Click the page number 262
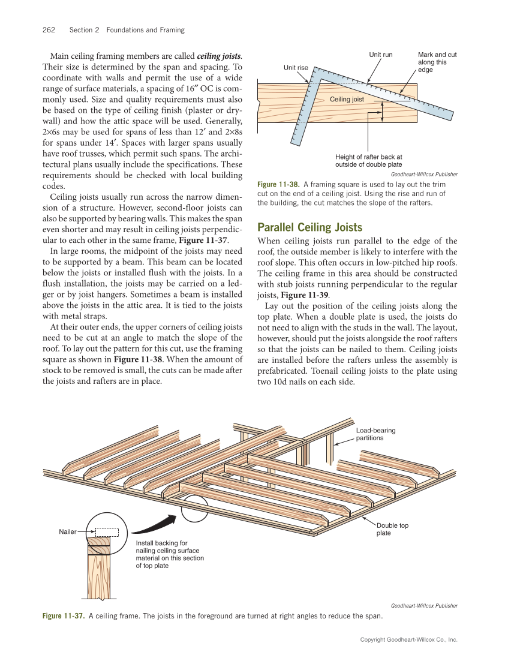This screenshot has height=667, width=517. (x=49, y=30)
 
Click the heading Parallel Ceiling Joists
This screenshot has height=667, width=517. (x=309, y=227)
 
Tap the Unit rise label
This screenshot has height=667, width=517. (x=296, y=68)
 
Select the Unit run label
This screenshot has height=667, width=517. (x=380, y=55)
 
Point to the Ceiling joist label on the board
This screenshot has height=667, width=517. (x=347, y=98)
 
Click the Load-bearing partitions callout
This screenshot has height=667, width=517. (x=375, y=434)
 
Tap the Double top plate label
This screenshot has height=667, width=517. (x=392, y=529)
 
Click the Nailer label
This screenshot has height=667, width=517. (x=67, y=531)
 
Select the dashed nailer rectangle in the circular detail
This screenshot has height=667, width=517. (x=107, y=531)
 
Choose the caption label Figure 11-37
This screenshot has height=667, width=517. (x=63, y=616)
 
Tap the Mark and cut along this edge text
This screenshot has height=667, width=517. (x=437, y=62)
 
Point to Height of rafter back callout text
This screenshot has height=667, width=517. (x=368, y=161)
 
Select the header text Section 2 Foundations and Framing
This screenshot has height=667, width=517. (x=127, y=30)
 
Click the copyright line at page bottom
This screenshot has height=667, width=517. (x=408, y=640)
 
